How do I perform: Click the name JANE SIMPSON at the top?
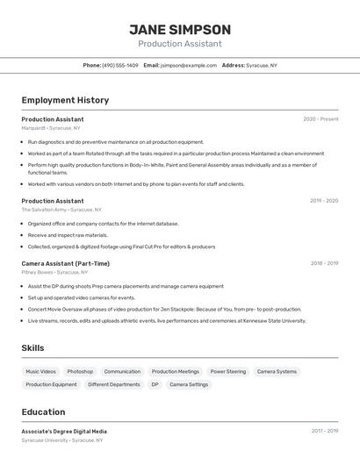point(180,30)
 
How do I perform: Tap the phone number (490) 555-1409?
point(119,66)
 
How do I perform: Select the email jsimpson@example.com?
point(188,66)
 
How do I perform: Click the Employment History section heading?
point(65,100)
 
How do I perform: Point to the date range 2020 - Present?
point(320,118)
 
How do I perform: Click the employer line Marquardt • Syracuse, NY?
point(51,128)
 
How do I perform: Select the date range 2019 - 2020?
point(323,201)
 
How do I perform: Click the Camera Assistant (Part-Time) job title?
point(66,263)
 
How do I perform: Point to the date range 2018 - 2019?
point(323,263)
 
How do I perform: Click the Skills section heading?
point(32,348)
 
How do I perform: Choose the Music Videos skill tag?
point(40,372)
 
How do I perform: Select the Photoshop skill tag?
point(80,372)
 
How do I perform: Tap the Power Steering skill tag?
point(228,372)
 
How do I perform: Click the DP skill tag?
point(155,384)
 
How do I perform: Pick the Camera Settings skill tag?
point(189,384)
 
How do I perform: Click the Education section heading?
point(43,412)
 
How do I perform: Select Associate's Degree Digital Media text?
point(64,432)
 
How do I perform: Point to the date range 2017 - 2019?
point(324,431)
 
